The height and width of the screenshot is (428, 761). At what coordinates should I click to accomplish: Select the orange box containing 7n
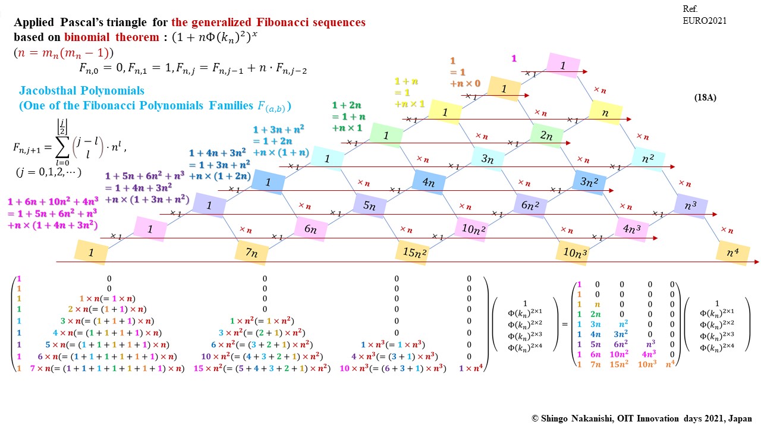coord(251,252)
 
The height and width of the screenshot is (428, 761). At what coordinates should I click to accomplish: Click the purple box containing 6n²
coord(530,205)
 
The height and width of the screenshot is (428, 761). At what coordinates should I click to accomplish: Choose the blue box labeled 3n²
coord(589,182)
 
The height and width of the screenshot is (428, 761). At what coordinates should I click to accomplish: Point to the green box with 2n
coord(547,135)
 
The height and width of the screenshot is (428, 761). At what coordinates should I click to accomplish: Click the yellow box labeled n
coord(606,112)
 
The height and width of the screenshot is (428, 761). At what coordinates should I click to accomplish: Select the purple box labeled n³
coord(690,206)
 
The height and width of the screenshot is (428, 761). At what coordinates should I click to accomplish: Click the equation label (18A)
coord(705,97)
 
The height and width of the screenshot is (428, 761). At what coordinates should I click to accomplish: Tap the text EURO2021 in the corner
coord(705,21)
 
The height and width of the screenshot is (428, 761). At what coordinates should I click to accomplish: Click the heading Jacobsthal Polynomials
coord(81,91)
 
